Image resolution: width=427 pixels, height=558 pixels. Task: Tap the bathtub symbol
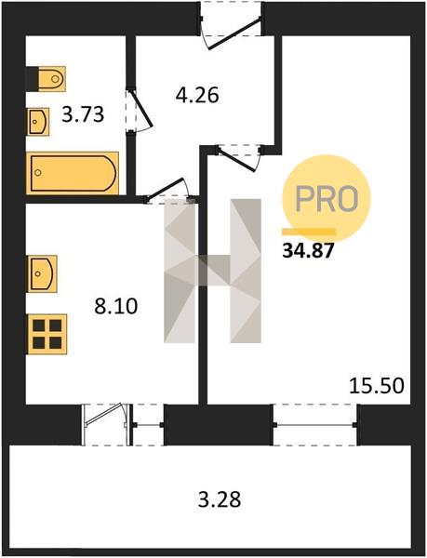point(73,173)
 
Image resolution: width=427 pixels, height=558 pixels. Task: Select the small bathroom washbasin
point(38,122)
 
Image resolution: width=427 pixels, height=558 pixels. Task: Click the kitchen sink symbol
point(42,273)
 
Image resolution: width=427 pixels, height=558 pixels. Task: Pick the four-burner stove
point(47,334)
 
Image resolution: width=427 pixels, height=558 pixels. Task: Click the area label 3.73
point(83,115)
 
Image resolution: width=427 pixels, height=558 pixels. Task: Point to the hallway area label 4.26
point(197,95)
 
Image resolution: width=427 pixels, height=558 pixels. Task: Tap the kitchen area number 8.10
point(116,306)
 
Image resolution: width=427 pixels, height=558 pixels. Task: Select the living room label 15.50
point(377,386)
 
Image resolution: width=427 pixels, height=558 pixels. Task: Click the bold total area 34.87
point(308,251)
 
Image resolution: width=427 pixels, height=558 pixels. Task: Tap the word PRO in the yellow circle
point(327,198)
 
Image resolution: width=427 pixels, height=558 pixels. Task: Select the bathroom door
point(140,111)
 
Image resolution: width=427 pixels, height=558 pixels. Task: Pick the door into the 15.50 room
point(239,158)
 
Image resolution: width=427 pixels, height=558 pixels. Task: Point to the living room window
point(315,425)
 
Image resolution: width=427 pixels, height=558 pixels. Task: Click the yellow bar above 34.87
point(309,232)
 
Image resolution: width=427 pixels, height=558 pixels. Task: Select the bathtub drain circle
point(38,173)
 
